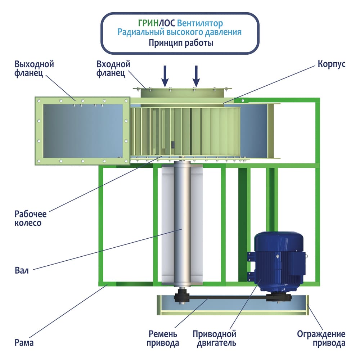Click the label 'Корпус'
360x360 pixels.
[x=332, y=64]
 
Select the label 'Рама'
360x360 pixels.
[x=24, y=342]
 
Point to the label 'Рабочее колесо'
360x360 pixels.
[x=31, y=218]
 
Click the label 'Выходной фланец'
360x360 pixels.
[x=34, y=69]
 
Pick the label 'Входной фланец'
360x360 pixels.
[x=113, y=69]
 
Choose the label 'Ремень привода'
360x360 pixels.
[x=163, y=338]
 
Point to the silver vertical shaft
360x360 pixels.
[x=181, y=223]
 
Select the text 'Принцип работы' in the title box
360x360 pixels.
[x=181, y=43]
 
